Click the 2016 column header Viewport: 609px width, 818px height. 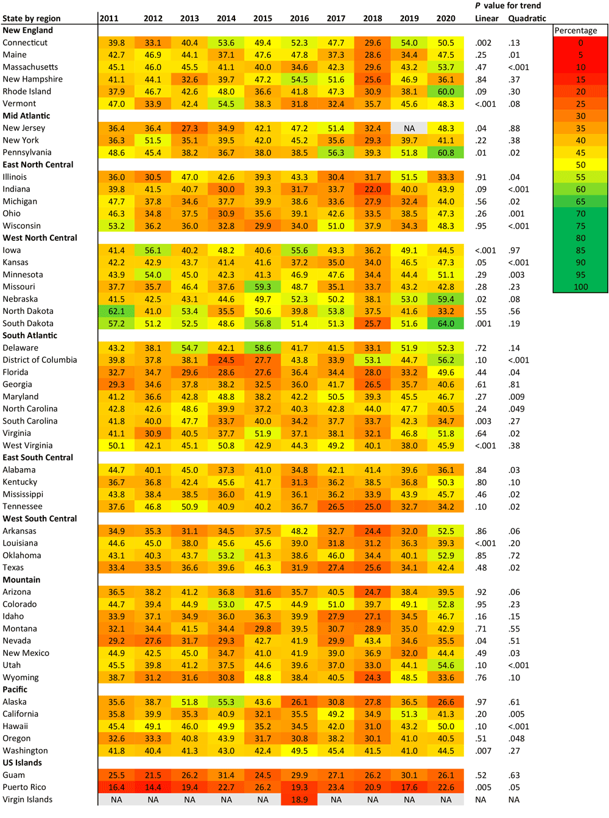(299, 18)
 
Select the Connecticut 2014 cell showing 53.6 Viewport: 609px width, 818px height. (226, 43)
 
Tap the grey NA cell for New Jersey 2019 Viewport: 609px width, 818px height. (409, 128)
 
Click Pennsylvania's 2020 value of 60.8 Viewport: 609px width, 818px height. (446, 152)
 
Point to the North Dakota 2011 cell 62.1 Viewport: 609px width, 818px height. (116, 311)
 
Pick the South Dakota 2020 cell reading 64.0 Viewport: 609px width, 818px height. (446, 324)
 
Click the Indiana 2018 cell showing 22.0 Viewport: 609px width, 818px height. (373, 189)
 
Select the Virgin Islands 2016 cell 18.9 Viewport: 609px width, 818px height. (299, 800)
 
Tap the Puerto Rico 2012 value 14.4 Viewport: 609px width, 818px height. (153, 787)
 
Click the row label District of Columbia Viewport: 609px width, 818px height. (40, 360)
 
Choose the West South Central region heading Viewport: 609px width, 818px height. (40, 519)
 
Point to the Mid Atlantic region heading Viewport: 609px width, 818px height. (26, 116)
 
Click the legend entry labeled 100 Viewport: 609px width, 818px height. (580, 286)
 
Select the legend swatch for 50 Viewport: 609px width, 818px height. (580, 165)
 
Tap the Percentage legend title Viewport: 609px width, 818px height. (576, 30)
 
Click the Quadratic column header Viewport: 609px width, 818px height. (527, 18)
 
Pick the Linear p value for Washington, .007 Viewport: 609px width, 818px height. (484, 751)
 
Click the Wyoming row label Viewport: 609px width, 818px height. (20, 677)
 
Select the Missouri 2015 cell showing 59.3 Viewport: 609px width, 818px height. (262, 286)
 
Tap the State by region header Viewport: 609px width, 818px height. (31, 18)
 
